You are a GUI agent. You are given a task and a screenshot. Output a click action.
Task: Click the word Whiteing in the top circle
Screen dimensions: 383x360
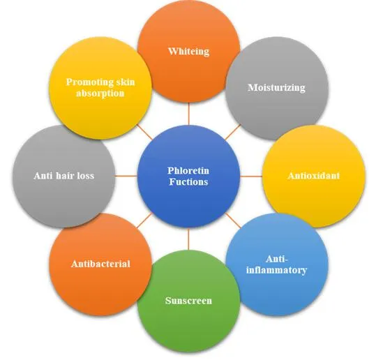tap(188, 52)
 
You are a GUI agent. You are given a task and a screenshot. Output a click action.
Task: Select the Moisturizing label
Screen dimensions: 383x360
tap(276, 88)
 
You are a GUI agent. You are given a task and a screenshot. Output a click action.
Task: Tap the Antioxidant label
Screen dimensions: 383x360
tap(314, 176)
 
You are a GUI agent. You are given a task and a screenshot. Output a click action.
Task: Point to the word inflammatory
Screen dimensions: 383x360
tap(276, 270)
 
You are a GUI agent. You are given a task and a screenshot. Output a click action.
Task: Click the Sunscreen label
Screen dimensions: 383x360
tap(188, 301)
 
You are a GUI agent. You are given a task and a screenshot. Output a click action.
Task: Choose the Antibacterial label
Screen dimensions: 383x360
tap(100, 264)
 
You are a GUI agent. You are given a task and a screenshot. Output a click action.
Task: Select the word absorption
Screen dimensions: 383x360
tap(100, 93)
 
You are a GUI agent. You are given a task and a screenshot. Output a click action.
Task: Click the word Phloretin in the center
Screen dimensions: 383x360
tap(188, 170)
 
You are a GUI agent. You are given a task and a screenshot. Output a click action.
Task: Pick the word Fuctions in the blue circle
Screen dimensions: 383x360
tap(188, 181)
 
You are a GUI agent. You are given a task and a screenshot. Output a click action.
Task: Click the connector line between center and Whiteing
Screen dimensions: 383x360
tap(188, 114)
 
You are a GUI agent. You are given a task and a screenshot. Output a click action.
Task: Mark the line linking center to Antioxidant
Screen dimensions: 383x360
tap(251, 176)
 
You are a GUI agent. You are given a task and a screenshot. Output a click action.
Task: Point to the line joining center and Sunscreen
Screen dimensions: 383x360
tap(188, 239)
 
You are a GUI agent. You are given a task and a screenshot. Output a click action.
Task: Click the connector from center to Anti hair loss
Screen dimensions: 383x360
tap(126, 176)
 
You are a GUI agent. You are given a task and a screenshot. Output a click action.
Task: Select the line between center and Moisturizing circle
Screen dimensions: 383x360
tap(233, 132)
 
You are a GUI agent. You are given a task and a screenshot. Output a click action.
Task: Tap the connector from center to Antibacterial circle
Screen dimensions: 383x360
tap(144, 220)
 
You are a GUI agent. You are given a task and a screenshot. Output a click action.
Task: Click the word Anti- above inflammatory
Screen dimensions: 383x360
tap(276, 259)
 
